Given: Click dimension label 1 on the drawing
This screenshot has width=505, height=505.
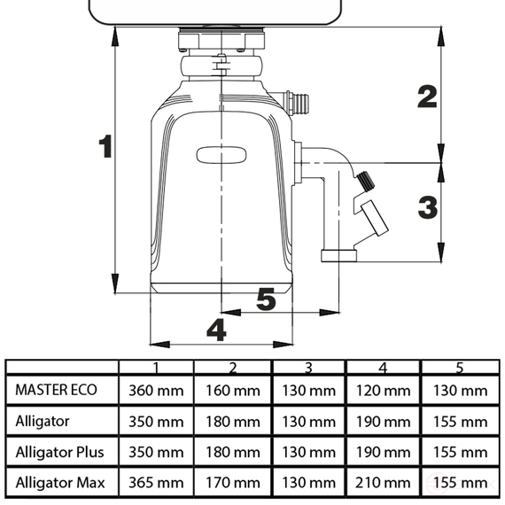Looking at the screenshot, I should (105, 146).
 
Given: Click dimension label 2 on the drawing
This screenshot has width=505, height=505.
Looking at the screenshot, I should (427, 96).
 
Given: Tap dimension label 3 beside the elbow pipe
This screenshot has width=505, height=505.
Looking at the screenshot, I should (427, 208).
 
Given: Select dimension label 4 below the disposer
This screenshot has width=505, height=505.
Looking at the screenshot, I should (215, 330).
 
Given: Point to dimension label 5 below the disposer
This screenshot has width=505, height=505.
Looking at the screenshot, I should (265, 300).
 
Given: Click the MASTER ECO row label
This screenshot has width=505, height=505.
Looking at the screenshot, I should (56, 390).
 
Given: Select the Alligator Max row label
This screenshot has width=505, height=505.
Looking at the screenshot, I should (59, 483).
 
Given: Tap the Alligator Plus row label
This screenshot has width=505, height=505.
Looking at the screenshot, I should (59, 452).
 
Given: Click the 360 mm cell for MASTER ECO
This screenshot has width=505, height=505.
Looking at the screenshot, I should (156, 390).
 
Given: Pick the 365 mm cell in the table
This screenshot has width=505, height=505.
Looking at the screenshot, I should (156, 483).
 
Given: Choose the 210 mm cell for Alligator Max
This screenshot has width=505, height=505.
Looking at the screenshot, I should (384, 483).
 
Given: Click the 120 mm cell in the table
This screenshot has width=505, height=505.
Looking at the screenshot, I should (384, 390).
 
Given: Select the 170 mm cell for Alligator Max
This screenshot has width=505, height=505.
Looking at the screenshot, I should (232, 483).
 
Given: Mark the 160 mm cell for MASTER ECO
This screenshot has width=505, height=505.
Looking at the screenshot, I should (232, 390).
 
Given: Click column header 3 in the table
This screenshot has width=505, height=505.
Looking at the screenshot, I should (307, 368).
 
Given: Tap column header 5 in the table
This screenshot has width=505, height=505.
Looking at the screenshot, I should (460, 368).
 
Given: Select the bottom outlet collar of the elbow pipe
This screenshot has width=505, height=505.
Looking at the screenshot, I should (338, 257).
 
